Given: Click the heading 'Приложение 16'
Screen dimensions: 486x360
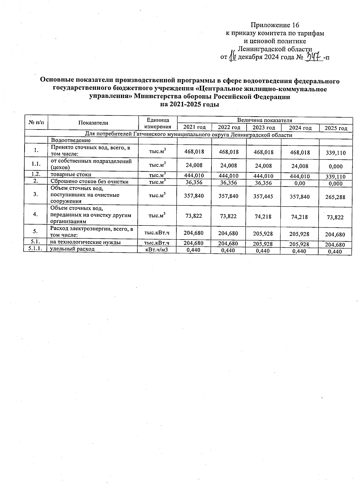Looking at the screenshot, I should coord(275,25).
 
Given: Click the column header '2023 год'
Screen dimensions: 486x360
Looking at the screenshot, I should coord(263,128).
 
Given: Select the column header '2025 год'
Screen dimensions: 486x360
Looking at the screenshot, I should coord(336,128).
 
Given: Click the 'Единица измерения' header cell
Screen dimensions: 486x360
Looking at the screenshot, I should coord(157,123).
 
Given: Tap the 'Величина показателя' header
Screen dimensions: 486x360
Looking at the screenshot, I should coord(264,120).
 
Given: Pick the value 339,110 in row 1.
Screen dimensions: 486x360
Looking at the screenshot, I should coord(336,153).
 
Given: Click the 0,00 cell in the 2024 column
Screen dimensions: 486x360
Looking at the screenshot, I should coord(299,183).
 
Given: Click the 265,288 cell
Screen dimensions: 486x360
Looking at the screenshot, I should coord(335,197).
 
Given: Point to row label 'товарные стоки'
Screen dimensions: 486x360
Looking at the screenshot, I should coord(71,174).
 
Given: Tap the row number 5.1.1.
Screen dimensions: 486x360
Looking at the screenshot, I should coord(35,249).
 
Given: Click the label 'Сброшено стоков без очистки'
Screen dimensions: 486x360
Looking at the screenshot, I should coord(89,181).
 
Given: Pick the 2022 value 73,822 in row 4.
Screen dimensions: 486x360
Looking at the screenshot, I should coord(228,216).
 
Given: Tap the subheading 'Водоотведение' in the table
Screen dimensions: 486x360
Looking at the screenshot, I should coord(70,140).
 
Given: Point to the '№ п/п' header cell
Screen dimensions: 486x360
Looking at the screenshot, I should coord(36,123).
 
